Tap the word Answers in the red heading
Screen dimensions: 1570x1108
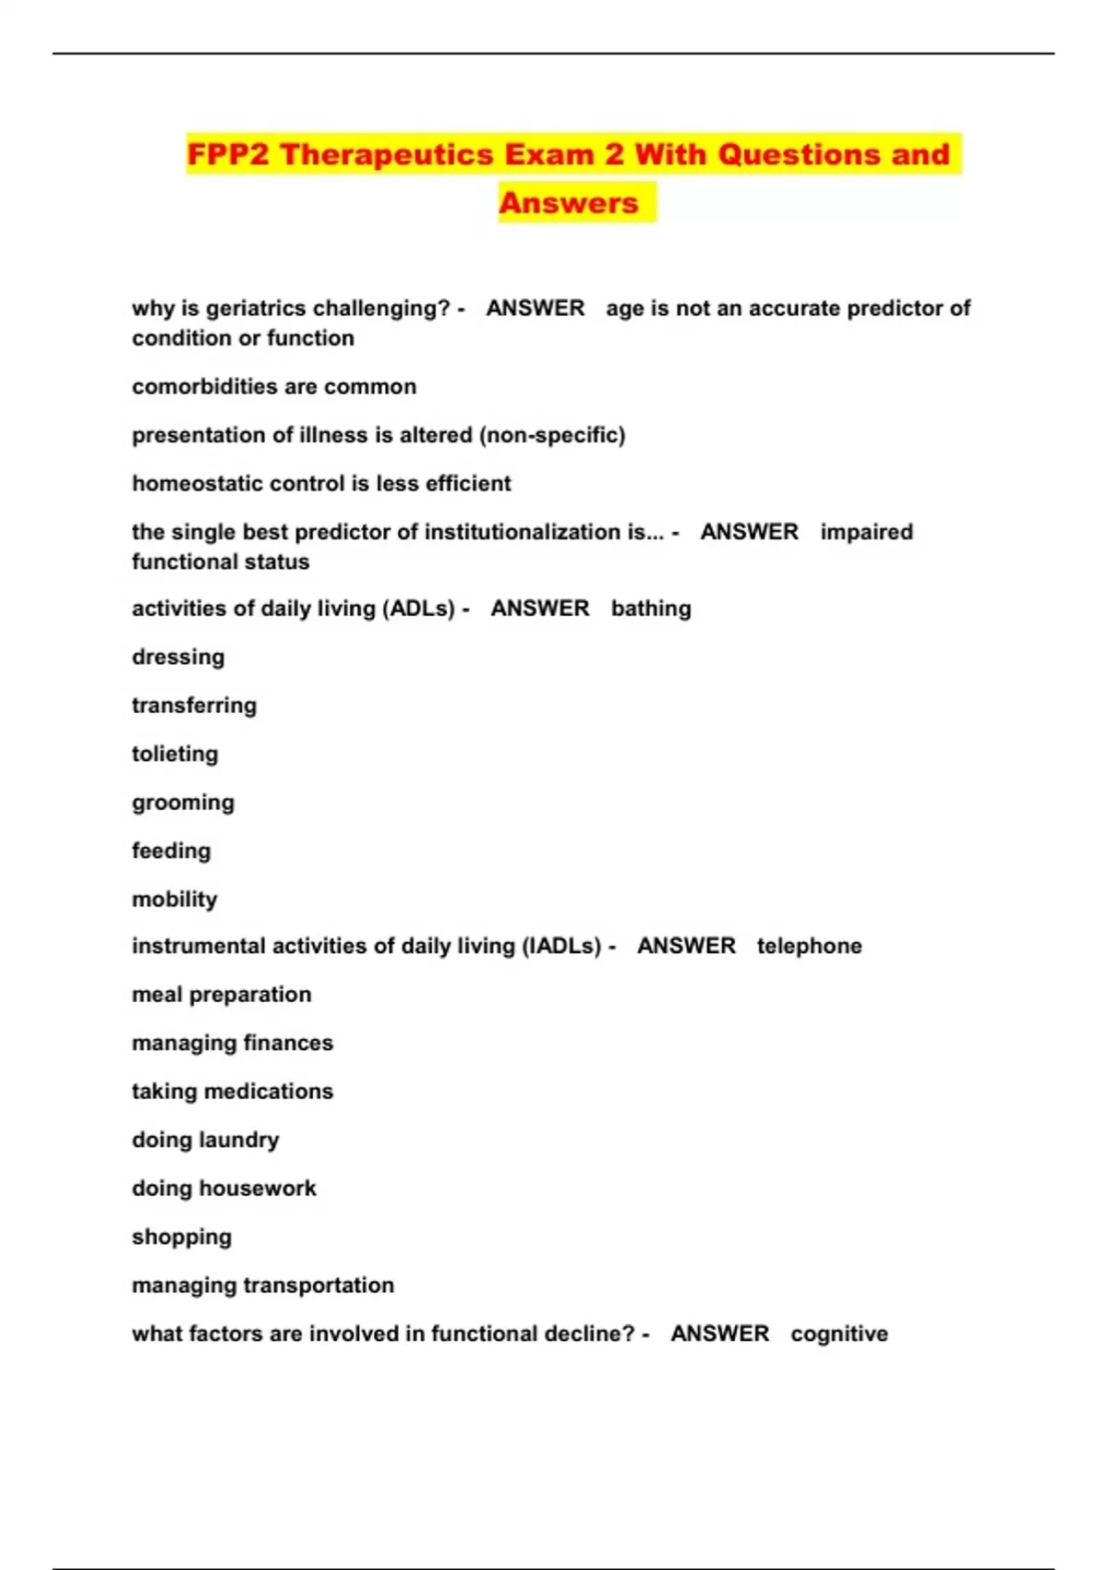[x=569, y=203]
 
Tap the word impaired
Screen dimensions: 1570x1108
[x=866, y=532]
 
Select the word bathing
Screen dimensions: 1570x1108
[x=651, y=609]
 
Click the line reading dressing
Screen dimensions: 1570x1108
[x=178, y=658]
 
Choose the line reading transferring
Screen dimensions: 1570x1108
[x=194, y=706]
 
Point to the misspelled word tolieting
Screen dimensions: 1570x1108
[x=175, y=755]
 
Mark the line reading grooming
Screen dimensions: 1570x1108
[x=183, y=803]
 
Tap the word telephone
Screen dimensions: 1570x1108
[x=809, y=947]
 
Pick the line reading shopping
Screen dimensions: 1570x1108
[x=182, y=1238]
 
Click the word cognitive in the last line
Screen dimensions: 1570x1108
[x=839, y=1334]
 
